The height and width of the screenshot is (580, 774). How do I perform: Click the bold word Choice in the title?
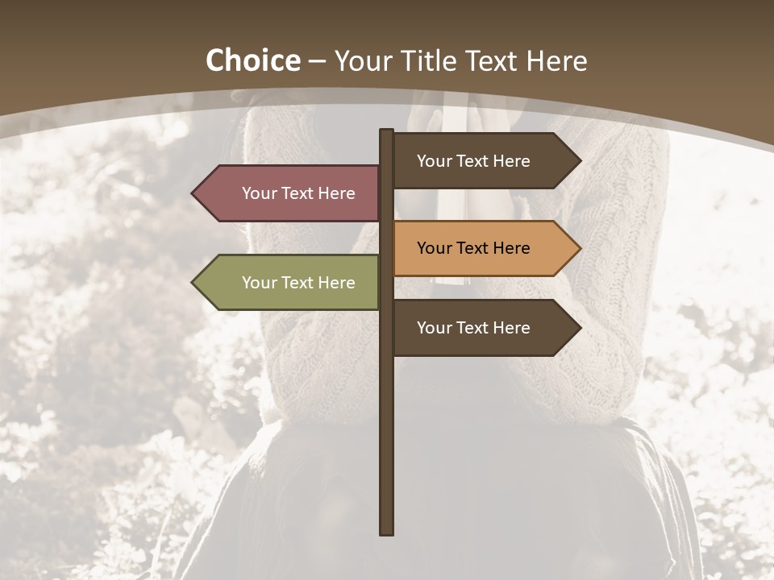(252, 61)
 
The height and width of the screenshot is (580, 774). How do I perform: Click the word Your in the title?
(364, 61)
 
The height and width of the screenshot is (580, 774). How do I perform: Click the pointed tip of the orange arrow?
(579, 248)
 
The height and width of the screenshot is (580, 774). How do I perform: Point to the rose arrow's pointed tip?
(193, 193)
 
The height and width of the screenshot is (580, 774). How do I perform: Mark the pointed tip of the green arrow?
(193, 283)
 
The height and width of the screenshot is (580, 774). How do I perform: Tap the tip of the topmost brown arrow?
(579, 161)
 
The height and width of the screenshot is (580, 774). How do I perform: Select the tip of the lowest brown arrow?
(579, 328)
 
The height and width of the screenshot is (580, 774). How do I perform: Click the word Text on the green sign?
(298, 283)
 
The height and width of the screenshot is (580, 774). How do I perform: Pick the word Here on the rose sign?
(336, 193)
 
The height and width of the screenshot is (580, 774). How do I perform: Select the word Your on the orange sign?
(434, 248)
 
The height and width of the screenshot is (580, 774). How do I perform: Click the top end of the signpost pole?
(386, 131)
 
